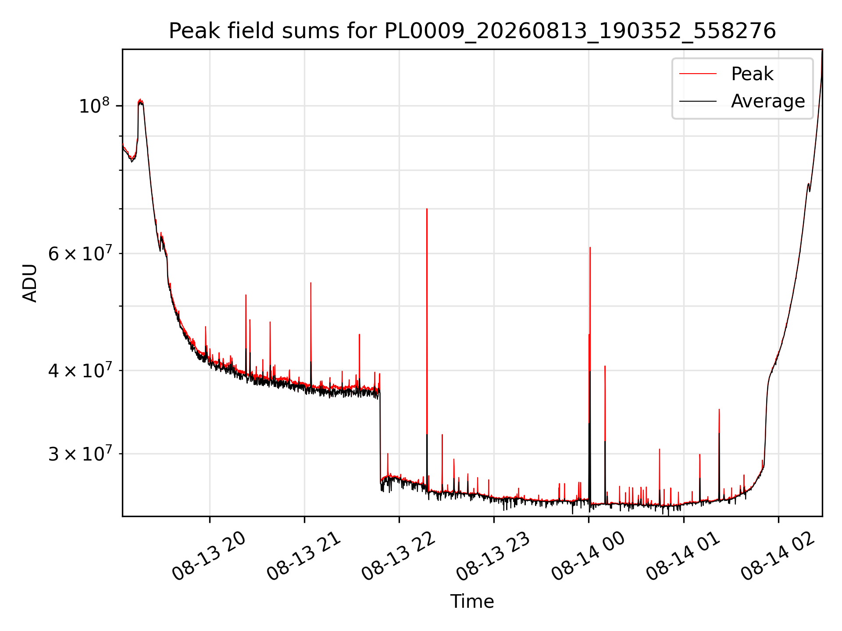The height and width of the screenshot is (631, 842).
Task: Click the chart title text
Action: (472, 31)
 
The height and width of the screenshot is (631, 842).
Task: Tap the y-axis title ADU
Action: (30, 283)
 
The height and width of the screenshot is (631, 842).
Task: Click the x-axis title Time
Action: (472, 602)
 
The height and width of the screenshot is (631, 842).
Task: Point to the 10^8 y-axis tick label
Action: (94, 106)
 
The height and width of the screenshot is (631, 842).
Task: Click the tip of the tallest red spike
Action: (427, 209)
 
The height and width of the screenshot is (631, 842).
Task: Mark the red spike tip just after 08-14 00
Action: (590, 248)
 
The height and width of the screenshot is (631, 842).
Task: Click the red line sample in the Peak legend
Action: (698, 74)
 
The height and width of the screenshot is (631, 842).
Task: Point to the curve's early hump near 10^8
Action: (140, 101)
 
